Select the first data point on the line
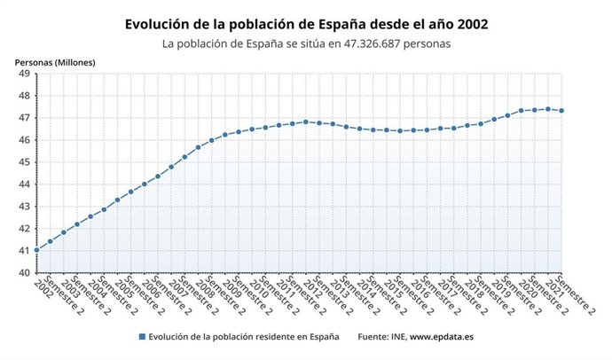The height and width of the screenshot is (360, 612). pyautogui.click(x=36, y=250)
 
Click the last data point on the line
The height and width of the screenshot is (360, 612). pyautogui.click(x=561, y=111)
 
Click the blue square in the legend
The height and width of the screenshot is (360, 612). pyautogui.click(x=142, y=337)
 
